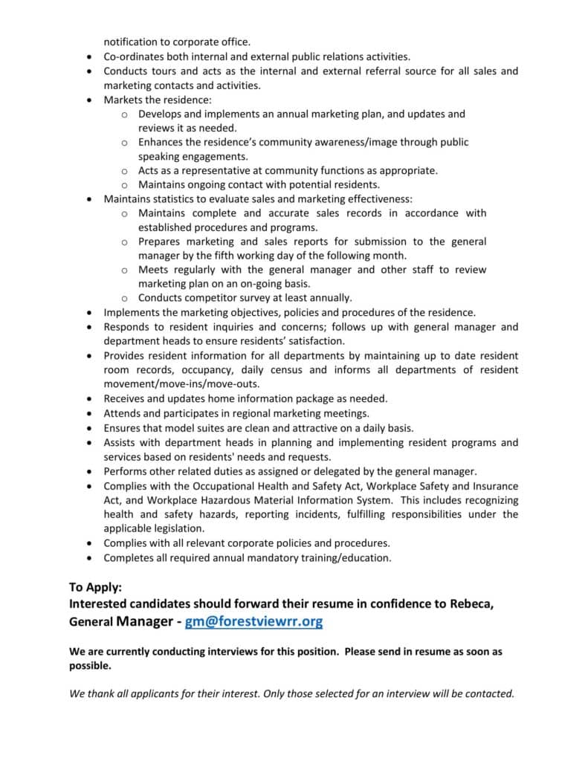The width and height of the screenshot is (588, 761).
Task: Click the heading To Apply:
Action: point(99,586)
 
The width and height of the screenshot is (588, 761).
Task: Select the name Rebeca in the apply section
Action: point(471,603)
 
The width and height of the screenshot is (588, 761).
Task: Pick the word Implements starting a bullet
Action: point(134,313)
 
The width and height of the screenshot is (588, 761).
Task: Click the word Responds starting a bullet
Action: point(129,327)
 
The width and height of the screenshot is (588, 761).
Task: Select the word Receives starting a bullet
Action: point(126,398)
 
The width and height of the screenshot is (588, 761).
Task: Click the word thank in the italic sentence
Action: point(101,693)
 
